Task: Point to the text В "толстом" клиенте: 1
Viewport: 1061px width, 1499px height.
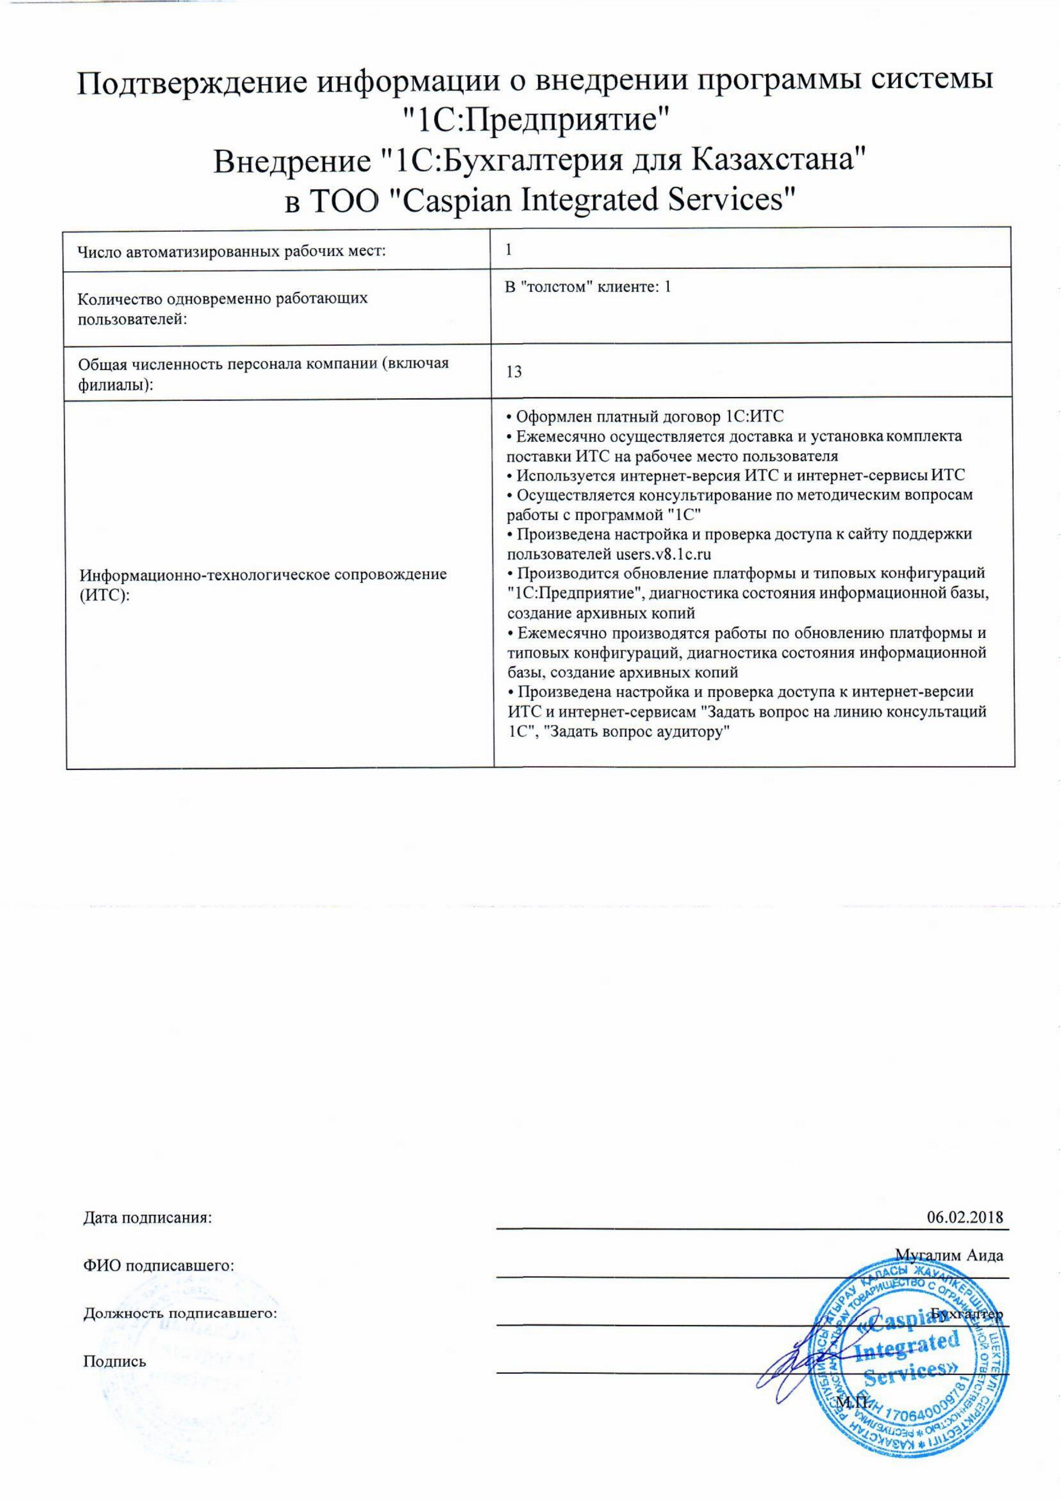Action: (588, 287)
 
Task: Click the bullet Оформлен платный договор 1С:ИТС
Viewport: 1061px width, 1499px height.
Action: (644, 416)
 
